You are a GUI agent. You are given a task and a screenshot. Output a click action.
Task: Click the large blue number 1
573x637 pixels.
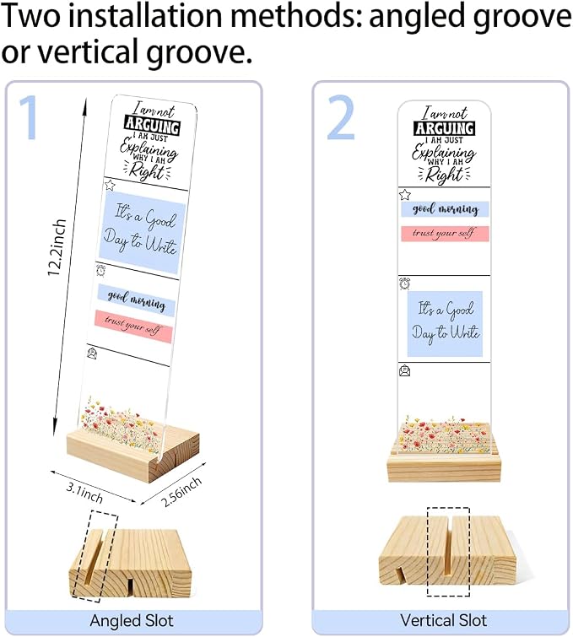pyautogui.click(x=30, y=117)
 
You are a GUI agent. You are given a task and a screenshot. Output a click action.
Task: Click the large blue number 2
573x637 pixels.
pyautogui.click(x=341, y=117)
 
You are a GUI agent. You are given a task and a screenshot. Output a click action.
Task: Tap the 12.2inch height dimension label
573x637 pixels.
pyautogui.click(x=57, y=247)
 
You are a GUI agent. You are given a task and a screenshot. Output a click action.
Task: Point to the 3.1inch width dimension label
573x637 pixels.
pyautogui.click(x=84, y=492)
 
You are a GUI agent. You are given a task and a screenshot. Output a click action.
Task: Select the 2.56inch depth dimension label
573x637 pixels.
pyautogui.click(x=181, y=492)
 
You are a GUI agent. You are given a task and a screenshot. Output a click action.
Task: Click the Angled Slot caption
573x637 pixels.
pyautogui.click(x=132, y=620)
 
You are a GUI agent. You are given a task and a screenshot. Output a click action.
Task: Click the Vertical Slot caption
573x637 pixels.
pyautogui.click(x=443, y=620)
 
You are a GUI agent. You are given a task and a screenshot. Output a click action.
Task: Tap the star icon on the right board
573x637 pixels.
pyautogui.click(x=404, y=195)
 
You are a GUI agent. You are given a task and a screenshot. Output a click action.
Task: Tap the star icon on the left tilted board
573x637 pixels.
pyautogui.click(x=110, y=186)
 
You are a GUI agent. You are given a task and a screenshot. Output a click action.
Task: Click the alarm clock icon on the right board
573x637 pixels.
pyautogui.click(x=404, y=283)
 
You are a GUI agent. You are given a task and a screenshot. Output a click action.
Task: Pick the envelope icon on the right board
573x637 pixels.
pyautogui.click(x=405, y=371)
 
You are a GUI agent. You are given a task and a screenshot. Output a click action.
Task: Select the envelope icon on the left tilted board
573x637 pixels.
pyautogui.click(x=92, y=354)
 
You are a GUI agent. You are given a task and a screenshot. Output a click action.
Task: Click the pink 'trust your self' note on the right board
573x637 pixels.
pyautogui.click(x=445, y=234)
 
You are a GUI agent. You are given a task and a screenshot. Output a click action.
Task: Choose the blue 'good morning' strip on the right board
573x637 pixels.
pyautogui.click(x=445, y=209)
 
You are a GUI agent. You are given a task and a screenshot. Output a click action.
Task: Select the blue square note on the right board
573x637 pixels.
pyautogui.click(x=445, y=324)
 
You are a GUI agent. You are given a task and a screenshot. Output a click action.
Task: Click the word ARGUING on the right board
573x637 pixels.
pyautogui.click(x=444, y=128)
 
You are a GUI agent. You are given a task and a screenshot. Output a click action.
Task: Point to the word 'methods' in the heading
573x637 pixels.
pyautogui.click(x=296, y=15)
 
